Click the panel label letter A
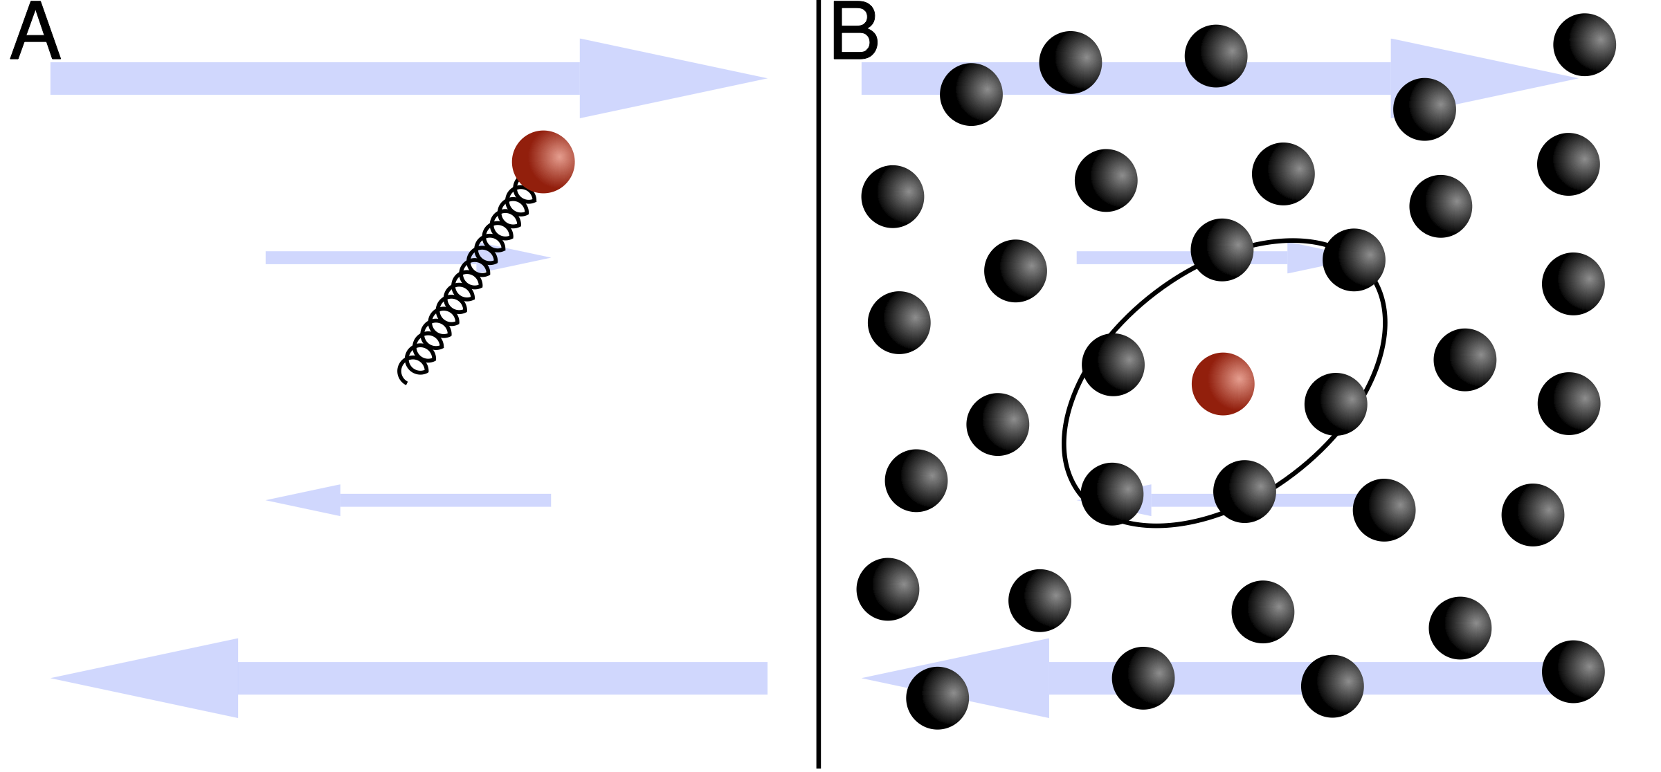tap(35, 33)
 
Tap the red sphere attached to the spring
tap(543, 162)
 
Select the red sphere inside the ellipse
tap(1223, 384)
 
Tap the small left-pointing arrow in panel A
tap(408, 500)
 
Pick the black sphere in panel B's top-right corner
tap(1585, 45)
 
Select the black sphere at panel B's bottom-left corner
tap(937, 698)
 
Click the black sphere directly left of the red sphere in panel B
tap(1113, 365)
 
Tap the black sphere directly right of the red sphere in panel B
tap(1336, 404)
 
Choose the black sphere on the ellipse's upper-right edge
tap(1354, 259)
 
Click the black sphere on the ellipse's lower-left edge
tap(1112, 494)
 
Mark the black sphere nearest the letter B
tap(971, 94)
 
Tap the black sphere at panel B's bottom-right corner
tap(1573, 672)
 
